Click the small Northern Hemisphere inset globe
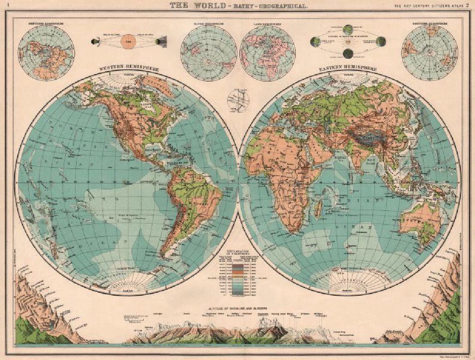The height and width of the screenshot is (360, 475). click(x=46, y=52)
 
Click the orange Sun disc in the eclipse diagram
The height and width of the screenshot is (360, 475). click(x=127, y=41)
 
